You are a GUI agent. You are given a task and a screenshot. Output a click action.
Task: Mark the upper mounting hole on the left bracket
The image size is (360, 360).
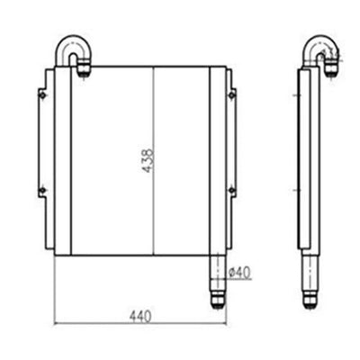tap(41, 90)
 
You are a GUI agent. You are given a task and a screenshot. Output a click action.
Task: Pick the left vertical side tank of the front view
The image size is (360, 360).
tap(63, 162)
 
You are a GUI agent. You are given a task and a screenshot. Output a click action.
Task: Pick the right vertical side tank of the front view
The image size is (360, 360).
tap(216, 162)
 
